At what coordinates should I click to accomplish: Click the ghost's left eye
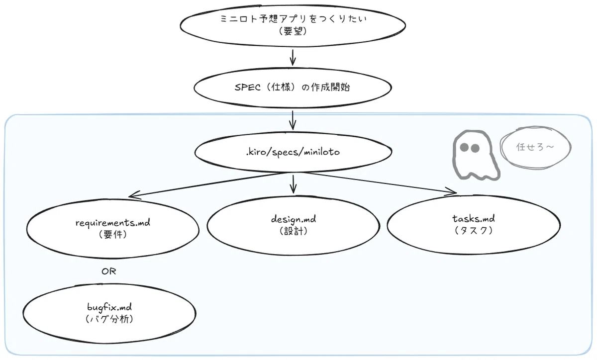(x=464, y=147)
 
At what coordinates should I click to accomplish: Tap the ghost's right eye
(x=475, y=148)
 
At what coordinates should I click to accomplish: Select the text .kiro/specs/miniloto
(x=293, y=152)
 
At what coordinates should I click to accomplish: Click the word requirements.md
(x=113, y=222)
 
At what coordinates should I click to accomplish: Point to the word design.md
(x=294, y=219)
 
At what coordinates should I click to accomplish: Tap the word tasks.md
(x=474, y=218)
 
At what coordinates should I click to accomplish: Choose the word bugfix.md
(x=109, y=307)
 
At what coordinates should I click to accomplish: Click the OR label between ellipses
(x=109, y=271)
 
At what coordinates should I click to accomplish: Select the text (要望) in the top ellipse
(x=293, y=31)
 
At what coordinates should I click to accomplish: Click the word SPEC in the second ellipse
(x=248, y=88)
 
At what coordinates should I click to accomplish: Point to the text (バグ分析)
(x=109, y=319)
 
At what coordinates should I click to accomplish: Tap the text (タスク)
(x=474, y=230)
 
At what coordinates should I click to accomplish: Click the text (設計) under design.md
(x=294, y=231)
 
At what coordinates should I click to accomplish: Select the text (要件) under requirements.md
(x=113, y=235)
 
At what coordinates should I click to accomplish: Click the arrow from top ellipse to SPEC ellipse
(x=293, y=57)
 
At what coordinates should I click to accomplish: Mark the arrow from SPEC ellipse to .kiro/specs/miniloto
(x=293, y=120)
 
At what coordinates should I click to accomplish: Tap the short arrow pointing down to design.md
(x=293, y=184)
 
